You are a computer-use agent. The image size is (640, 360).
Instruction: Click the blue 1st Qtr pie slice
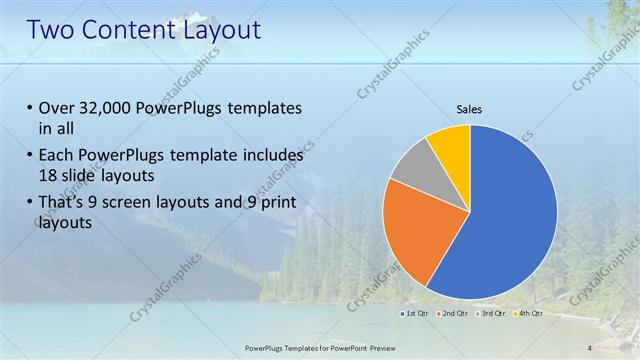click(x=510, y=220)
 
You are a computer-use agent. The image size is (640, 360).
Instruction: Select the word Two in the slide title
click(x=52, y=29)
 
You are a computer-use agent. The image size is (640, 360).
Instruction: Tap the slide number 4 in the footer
click(x=590, y=347)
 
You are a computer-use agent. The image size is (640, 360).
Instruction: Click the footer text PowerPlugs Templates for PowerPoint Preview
click(x=319, y=347)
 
